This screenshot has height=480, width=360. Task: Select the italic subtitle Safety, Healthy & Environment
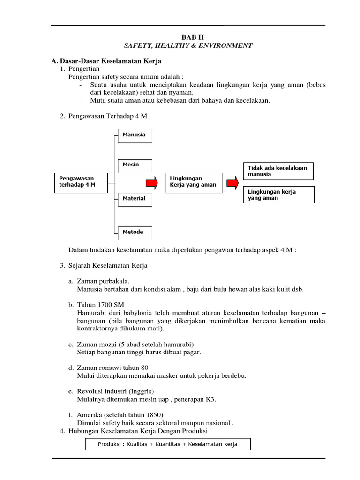click(187, 45)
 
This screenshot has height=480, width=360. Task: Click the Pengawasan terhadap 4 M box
click(81, 181)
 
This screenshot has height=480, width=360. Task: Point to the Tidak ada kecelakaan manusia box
click(278, 171)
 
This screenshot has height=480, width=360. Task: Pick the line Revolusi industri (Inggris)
click(115, 391)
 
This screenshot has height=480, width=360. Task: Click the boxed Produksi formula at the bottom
click(168, 444)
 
